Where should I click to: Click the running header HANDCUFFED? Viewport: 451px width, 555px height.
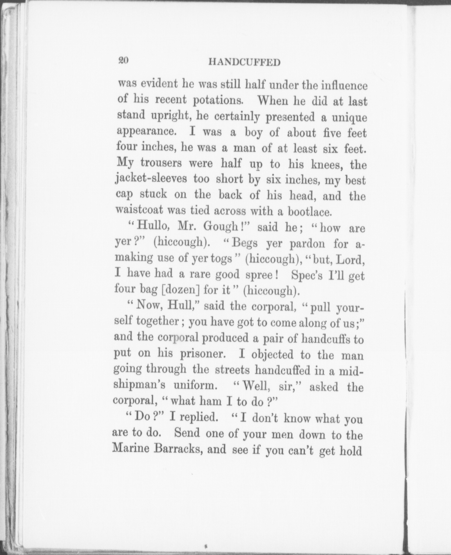click(244, 62)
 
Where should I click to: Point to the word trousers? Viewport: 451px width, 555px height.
click(161, 163)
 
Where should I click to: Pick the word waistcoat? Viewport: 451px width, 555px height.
click(139, 210)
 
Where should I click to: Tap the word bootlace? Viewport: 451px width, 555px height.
click(309, 212)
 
